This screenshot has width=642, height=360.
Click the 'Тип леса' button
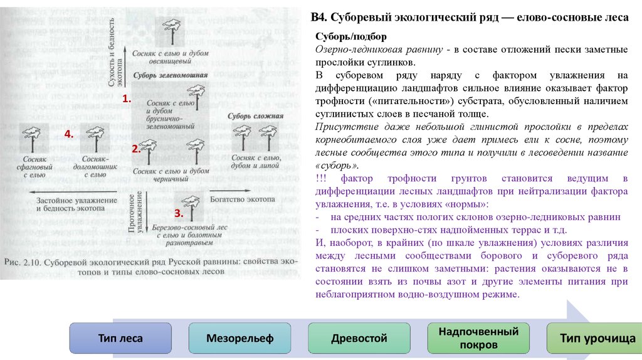point(120,339)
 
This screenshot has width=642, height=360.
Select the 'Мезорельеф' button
point(239,339)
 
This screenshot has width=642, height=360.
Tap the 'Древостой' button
point(359,339)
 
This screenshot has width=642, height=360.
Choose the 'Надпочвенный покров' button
point(478,339)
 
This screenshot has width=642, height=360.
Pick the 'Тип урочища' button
point(597,339)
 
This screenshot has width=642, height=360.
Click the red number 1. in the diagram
point(126,99)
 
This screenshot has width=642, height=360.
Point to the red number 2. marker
point(135,149)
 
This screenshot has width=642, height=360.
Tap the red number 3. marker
point(178,213)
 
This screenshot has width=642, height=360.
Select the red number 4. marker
point(69,134)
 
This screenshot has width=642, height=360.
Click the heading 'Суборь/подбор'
point(346,38)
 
